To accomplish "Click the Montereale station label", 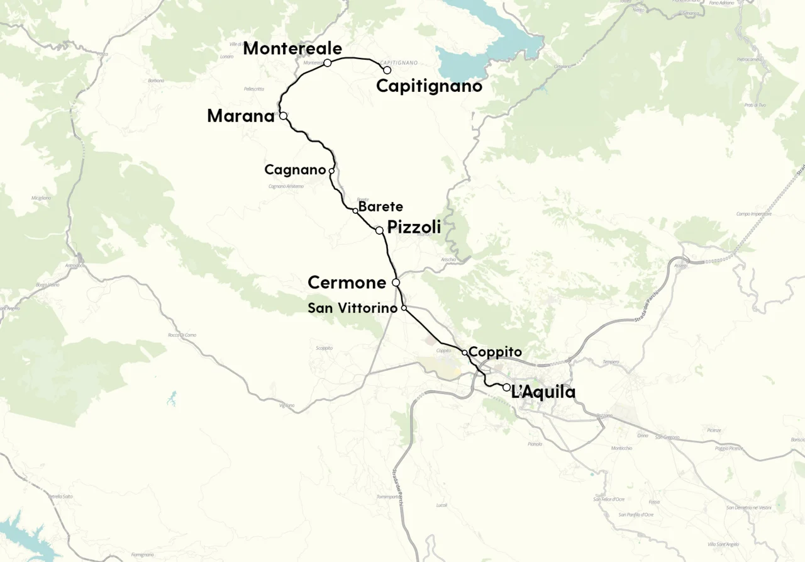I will (292, 48).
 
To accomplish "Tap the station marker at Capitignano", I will (387, 70).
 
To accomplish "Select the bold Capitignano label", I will (429, 86).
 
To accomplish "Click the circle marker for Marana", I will (283, 116).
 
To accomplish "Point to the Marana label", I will (241, 116).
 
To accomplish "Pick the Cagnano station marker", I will (331, 171).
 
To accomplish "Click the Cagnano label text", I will (295, 170).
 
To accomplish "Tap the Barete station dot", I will (355, 211).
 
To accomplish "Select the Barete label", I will (380, 206).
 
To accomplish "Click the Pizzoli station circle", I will (379, 230).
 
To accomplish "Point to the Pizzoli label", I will (414, 227).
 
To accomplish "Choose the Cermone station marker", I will (396, 283).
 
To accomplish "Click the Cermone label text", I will (347, 283).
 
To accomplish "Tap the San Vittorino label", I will (352, 308).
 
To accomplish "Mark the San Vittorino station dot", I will (404, 308).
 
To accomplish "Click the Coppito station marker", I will (464, 352).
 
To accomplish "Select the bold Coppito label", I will (496, 352).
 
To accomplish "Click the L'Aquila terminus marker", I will (506, 387).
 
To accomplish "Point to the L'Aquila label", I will (543, 393).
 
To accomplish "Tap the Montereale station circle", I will (328, 63).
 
